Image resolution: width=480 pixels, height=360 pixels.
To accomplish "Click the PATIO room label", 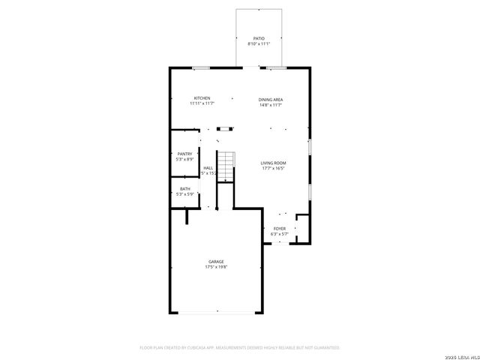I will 259,38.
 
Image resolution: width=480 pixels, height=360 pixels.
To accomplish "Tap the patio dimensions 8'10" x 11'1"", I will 259,43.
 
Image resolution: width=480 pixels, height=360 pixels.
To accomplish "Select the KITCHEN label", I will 202,98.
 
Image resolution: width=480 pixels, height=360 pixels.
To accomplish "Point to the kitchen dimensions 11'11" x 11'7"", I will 202,103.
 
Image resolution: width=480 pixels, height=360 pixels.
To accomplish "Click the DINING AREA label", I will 271,99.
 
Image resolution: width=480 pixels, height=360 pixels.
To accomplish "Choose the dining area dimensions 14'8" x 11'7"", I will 271,104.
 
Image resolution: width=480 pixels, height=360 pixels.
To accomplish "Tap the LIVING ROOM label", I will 274,163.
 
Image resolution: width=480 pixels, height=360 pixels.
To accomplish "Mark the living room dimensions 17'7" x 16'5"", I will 274,168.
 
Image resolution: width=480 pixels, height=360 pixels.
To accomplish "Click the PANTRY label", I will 184,154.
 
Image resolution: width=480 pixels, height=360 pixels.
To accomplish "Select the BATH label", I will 184,189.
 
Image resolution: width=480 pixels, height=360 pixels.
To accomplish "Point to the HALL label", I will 208,168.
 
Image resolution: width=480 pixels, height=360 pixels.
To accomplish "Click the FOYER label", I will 279,228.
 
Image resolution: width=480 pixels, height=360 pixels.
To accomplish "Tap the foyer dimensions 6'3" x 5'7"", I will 279,233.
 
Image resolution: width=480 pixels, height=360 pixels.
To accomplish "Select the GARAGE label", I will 216,261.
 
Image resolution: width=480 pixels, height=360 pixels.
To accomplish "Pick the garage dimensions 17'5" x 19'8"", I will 216,266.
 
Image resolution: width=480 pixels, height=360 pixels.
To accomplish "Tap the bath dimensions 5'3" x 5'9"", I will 184,194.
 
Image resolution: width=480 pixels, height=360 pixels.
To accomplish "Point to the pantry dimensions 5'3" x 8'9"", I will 184,159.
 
